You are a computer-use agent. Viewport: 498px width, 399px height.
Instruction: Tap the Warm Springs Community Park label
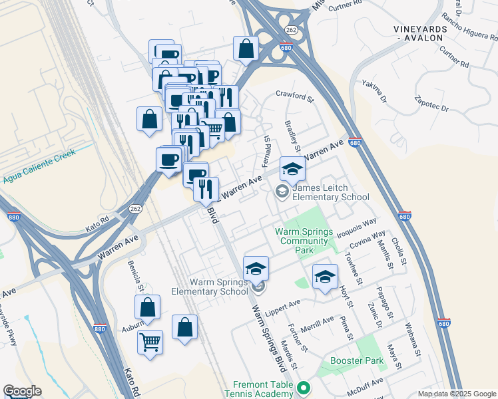point(303,236)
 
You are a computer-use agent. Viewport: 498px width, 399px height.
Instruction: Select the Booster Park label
point(357,361)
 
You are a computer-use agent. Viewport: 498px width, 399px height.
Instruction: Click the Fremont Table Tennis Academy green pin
point(304,387)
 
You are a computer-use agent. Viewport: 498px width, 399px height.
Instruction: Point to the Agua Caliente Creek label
point(38,167)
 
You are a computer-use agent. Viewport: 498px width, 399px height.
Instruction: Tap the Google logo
point(22,391)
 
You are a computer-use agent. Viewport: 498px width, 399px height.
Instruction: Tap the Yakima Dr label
point(374,91)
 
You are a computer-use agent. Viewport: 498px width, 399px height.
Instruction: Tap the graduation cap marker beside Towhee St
point(325,277)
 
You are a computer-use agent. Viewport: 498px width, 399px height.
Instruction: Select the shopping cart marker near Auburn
point(150,342)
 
